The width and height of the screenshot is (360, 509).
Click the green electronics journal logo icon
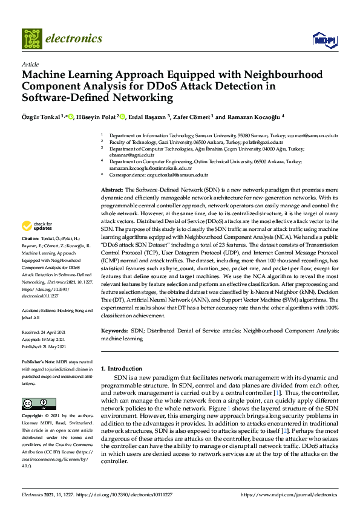tap(32, 39)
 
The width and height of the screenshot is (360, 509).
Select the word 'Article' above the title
tap(30, 64)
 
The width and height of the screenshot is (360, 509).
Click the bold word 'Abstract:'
tap(113, 190)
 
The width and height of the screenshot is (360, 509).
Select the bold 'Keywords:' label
tap(114, 331)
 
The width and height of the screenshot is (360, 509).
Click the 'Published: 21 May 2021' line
tap(44, 348)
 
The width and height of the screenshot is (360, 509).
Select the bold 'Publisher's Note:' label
tap(39, 361)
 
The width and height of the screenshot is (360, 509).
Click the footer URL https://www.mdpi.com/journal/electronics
tap(289, 494)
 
